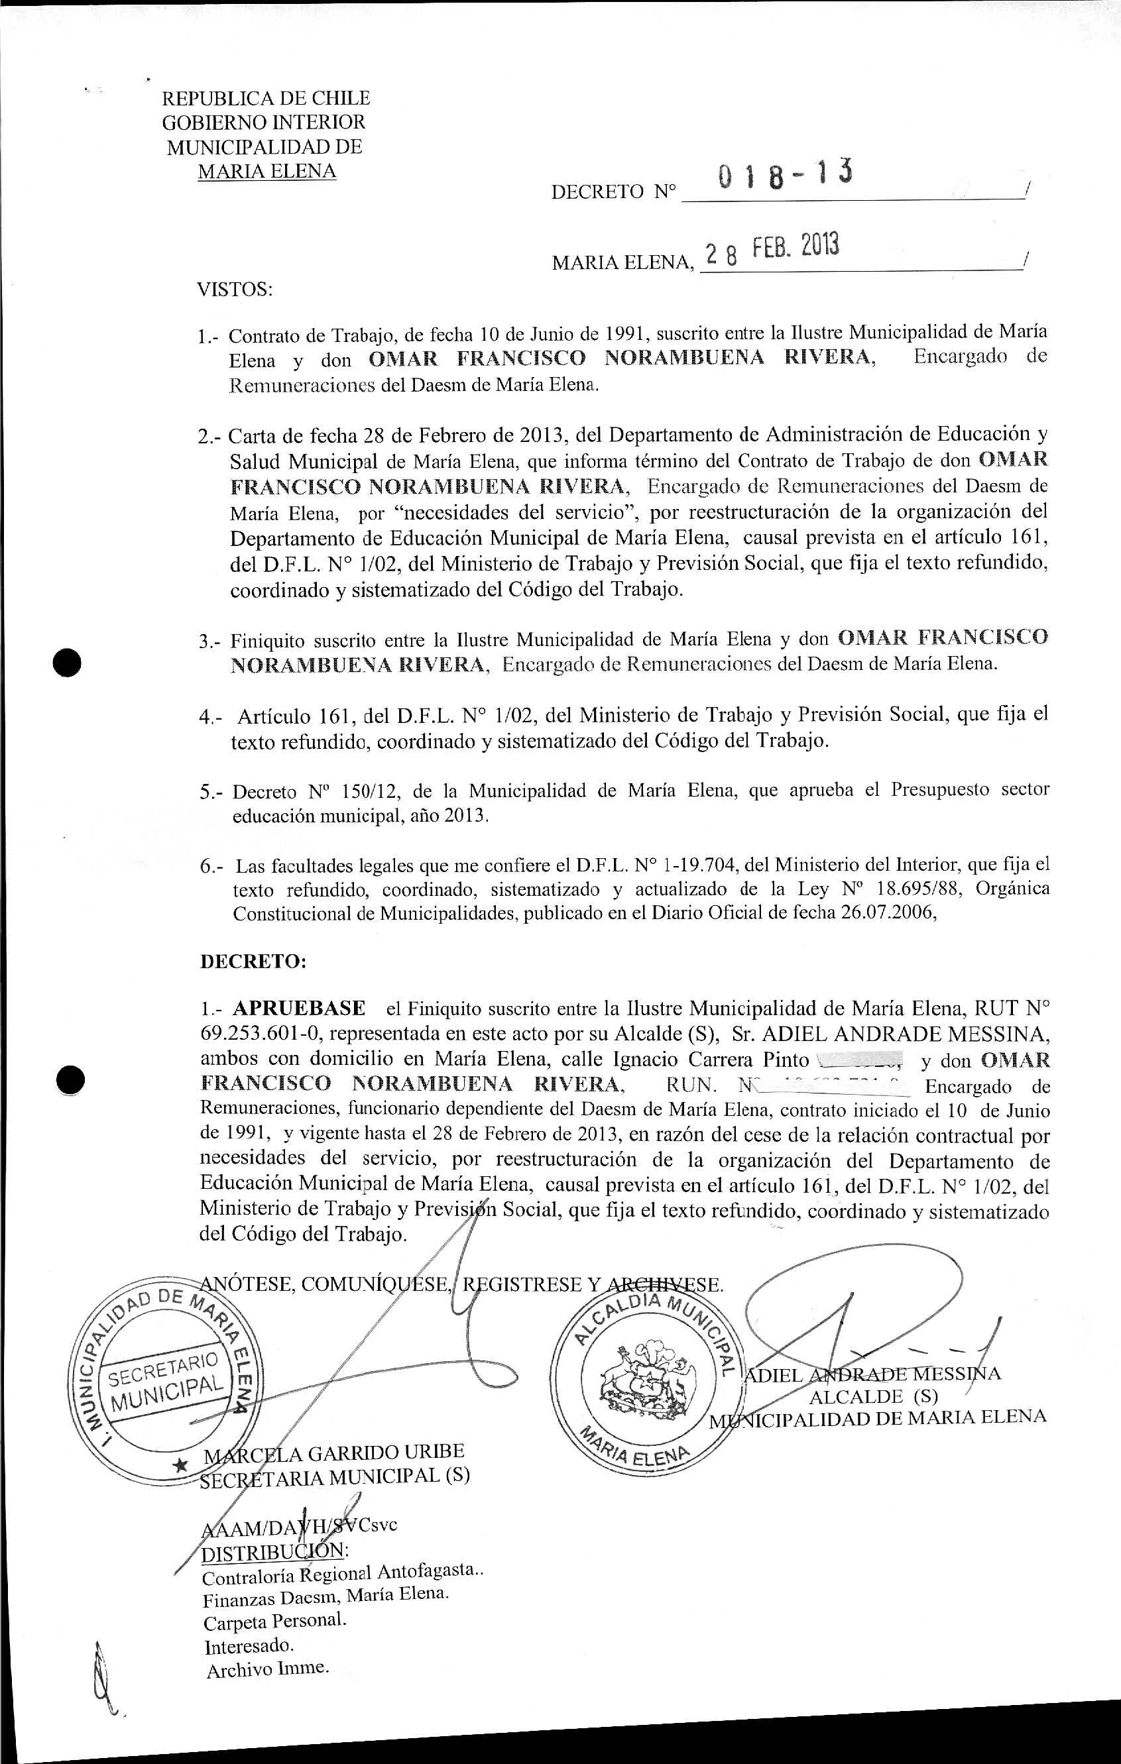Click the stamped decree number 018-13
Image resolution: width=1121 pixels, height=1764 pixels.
785,176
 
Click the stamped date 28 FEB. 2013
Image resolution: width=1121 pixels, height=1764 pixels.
770,249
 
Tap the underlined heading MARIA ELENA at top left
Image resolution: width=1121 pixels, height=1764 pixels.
266,172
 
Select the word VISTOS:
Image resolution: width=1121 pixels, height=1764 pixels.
235,290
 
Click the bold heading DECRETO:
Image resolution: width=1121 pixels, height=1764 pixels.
253,962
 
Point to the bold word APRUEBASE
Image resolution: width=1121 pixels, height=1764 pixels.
299,1009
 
